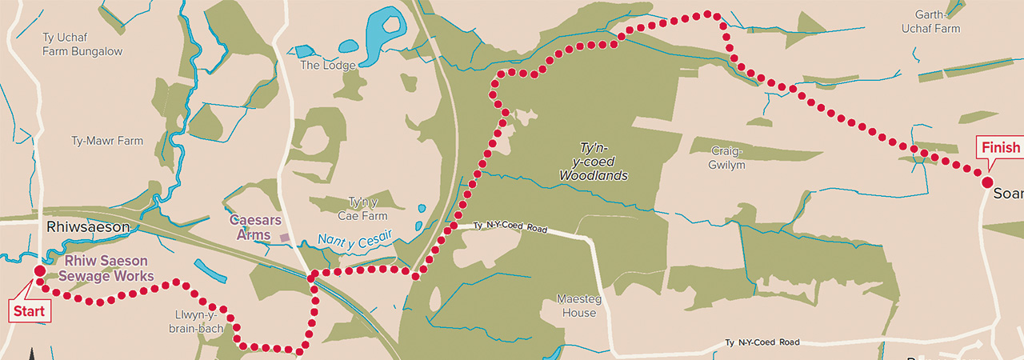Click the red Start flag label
[x=29, y=310]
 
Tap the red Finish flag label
[x=1000, y=148]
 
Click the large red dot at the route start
[x=39, y=272]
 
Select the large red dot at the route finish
[x=987, y=182]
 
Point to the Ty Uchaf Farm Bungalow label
[x=82, y=44]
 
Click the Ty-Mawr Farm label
[x=107, y=141]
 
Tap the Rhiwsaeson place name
[x=87, y=227]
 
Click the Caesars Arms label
[x=250, y=226]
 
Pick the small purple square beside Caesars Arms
[x=284, y=238]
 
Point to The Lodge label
[x=322, y=66]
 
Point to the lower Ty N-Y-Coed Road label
[x=762, y=342]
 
